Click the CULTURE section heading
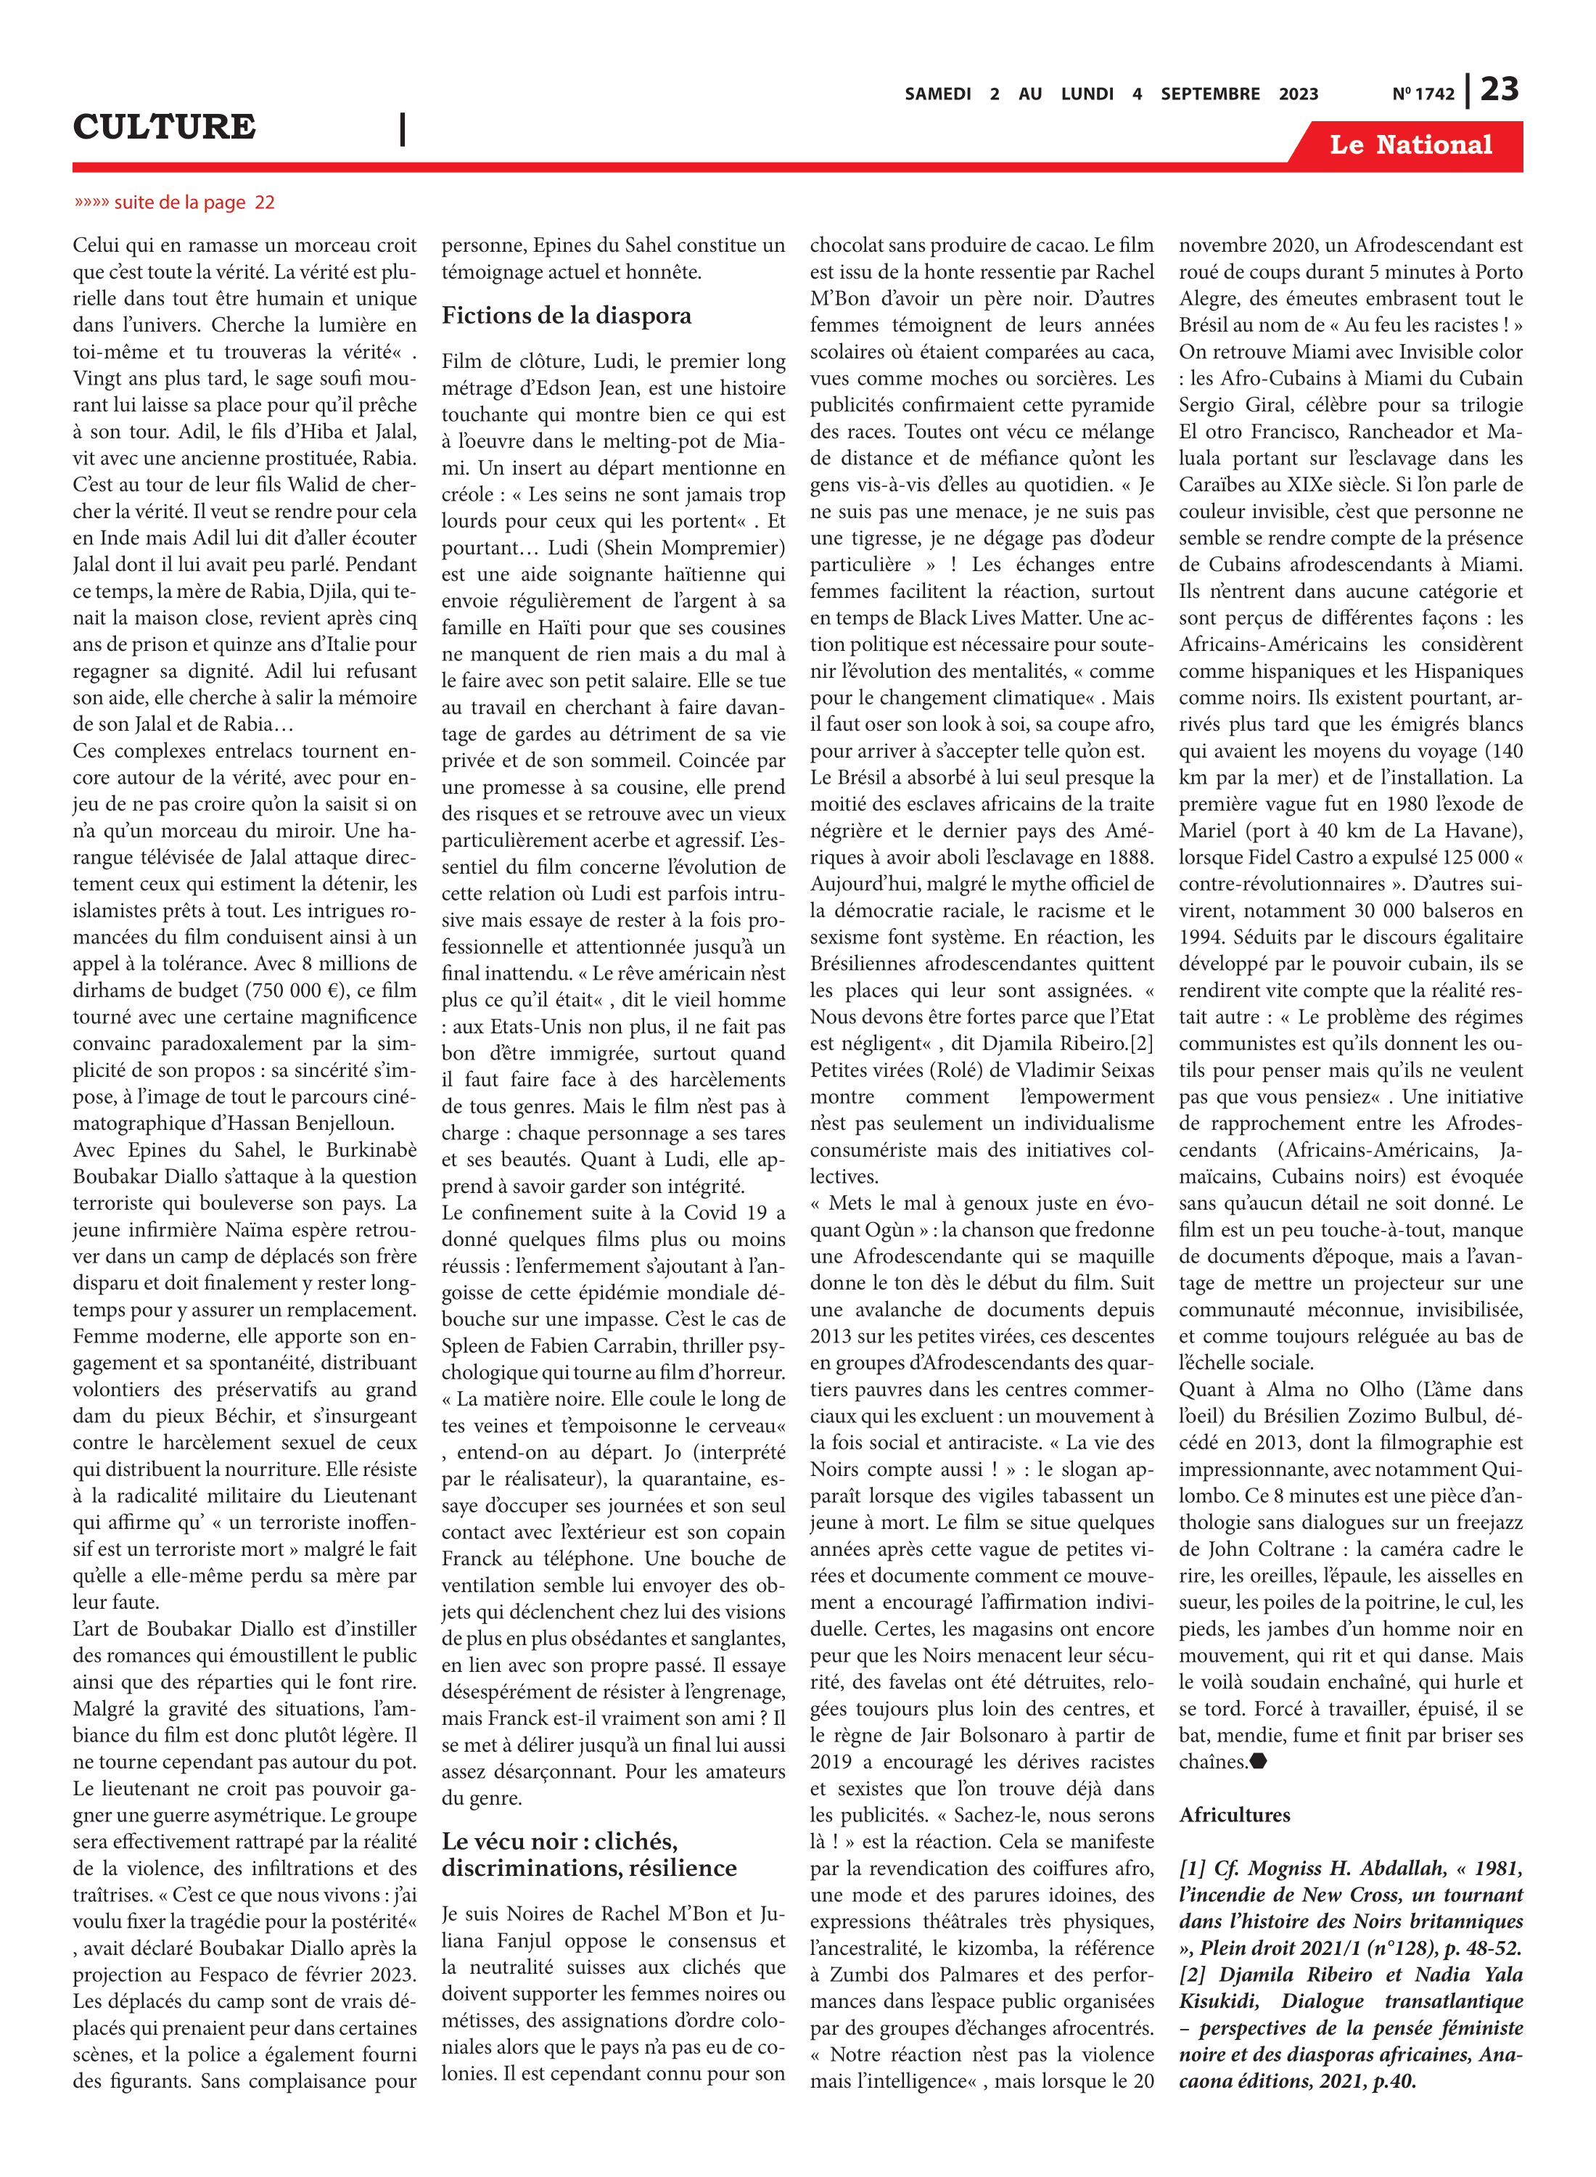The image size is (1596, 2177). pyautogui.click(x=164, y=126)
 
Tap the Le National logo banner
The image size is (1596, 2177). pyautogui.click(x=1410, y=145)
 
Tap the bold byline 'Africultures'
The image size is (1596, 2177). pyautogui.click(x=1234, y=1815)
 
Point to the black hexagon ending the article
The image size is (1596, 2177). pyautogui.click(x=1258, y=1761)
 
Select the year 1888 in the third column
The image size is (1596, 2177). pyautogui.click(x=1130, y=857)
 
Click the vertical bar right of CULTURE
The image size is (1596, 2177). pyautogui.click(x=402, y=128)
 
